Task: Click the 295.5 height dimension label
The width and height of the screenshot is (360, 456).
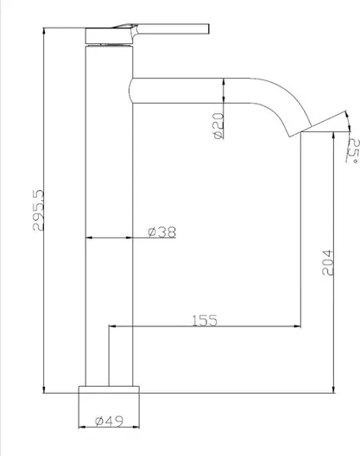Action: (x=38, y=210)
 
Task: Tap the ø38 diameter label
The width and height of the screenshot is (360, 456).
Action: (x=162, y=232)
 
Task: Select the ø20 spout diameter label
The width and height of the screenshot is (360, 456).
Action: (x=218, y=125)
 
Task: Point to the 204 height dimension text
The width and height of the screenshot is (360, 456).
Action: (x=328, y=263)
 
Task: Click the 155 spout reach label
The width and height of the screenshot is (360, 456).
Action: (x=205, y=320)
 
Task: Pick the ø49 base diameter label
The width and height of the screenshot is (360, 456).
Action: (x=109, y=421)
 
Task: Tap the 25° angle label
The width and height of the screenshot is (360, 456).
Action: (x=353, y=150)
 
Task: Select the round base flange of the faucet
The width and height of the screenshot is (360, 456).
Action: (x=109, y=389)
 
